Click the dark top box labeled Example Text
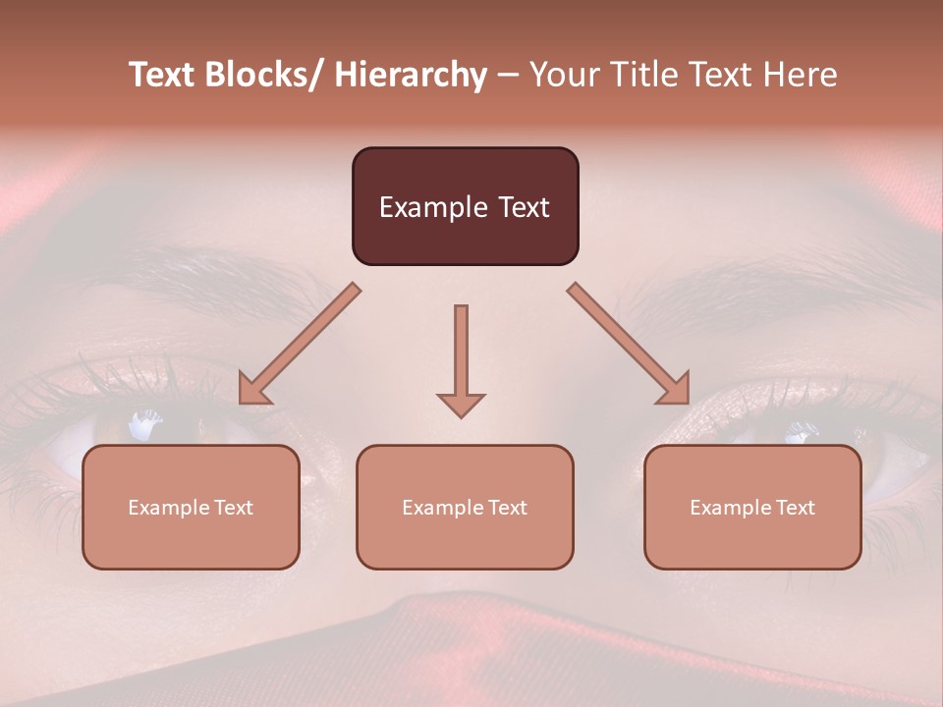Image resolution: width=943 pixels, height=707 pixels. tap(465, 206)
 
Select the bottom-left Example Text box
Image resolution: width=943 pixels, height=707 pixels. tap(191, 507)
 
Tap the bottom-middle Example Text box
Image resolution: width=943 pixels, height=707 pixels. tap(465, 507)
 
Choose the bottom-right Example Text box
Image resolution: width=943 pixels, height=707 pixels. tap(752, 507)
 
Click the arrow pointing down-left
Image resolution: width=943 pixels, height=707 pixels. tap(299, 345)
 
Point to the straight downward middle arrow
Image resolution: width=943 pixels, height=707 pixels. tap(461, 353)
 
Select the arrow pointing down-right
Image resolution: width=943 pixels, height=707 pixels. tap(629, 345)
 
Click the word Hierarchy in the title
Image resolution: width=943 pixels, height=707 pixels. tap(411, 76)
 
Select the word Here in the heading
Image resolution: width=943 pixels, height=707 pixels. tap(800, 76)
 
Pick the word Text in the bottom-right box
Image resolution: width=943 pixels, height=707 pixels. tap(793, 508)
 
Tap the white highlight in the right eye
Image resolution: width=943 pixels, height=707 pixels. tap(801, 430)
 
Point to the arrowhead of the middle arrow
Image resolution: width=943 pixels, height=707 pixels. tap(461, 405)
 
